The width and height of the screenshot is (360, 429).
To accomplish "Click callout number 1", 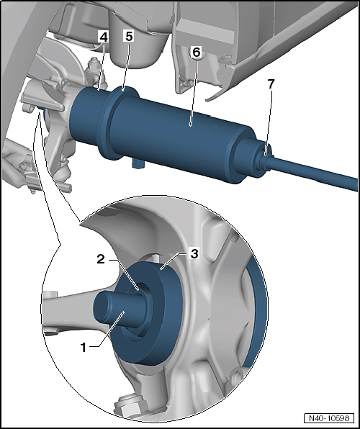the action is pos(84,348).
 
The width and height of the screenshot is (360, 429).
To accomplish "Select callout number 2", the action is pos(101,259).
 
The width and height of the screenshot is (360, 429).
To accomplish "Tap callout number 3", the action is pos(194,253).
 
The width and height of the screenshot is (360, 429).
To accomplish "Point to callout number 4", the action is pos(104,37).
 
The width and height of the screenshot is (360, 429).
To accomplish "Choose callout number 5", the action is pos(128,36).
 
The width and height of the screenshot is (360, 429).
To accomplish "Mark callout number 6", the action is pos(197,52).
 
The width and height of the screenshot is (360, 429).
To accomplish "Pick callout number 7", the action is pos(271,84).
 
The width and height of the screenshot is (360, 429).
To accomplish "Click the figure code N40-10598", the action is pos(329,418).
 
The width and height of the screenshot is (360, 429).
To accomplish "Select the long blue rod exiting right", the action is pos(312,172).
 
